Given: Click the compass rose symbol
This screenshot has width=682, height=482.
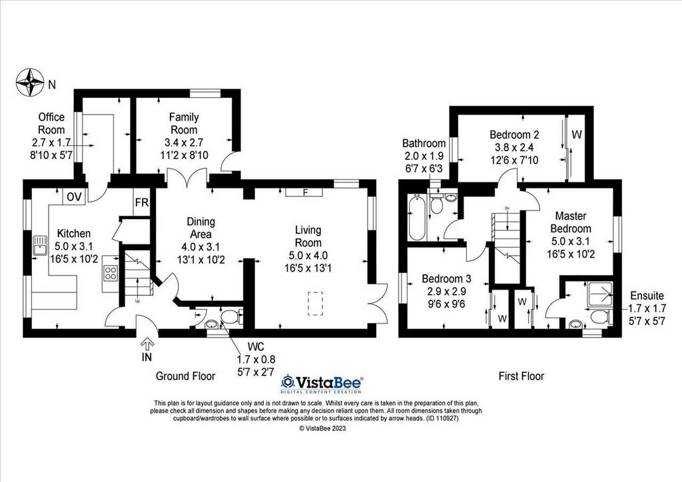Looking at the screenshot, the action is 29,83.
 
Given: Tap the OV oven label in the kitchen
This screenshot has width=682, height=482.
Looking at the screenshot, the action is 75,197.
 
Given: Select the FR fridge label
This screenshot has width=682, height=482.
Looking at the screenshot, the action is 142,202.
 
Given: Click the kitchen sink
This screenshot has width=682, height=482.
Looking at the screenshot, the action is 40,245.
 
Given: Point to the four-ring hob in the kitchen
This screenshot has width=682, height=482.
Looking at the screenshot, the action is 111,272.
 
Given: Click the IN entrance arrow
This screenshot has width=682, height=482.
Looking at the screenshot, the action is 147,345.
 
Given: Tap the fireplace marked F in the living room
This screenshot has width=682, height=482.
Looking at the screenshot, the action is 304,192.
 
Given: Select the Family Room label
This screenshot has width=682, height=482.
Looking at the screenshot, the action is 184,123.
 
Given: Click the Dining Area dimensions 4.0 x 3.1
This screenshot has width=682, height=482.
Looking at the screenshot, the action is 200,247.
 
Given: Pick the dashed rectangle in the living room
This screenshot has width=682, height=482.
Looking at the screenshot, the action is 315,304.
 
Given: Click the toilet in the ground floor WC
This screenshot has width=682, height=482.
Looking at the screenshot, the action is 231,317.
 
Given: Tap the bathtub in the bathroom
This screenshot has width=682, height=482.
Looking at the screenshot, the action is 417,216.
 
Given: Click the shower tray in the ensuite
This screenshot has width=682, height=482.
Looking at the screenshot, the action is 600,294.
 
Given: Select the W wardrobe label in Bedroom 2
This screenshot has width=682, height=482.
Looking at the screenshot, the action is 576,134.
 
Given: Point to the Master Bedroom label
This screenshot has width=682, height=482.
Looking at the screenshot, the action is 571,222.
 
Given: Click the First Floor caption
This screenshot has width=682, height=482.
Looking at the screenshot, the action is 521,376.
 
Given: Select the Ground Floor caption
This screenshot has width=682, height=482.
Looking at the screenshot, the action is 185,376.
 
